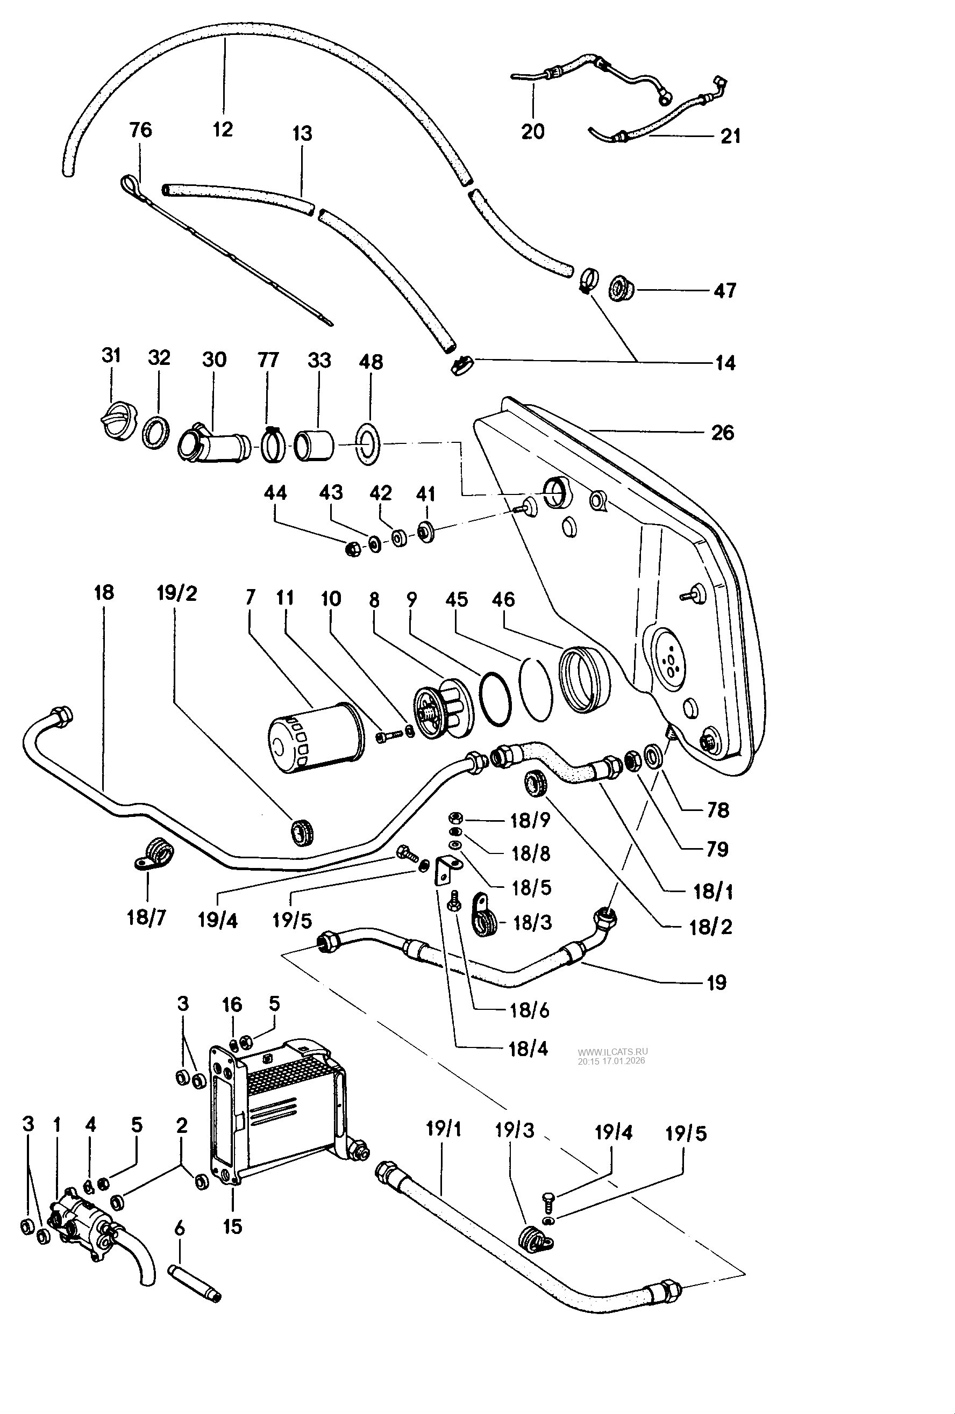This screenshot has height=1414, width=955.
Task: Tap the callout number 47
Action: [x=724, y=290]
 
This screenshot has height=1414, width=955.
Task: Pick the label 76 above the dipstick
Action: [x=140, y=130]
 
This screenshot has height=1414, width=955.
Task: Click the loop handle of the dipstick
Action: [x=130, y=183]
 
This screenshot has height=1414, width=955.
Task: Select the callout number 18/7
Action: [x=146, y=917]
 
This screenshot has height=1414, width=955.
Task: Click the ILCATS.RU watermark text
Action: [x=612, y=1051]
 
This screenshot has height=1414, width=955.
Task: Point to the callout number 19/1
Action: [x=444, y=1129]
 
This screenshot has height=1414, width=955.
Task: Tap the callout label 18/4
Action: [x=528, y=1049]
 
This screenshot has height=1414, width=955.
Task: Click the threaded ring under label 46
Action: [x=584, y=680]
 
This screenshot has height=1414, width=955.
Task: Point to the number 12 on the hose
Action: [x=223, y=129]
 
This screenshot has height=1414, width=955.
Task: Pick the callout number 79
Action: [x=717, y=849]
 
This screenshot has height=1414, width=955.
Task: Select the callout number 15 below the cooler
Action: [x=232, y=1226]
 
